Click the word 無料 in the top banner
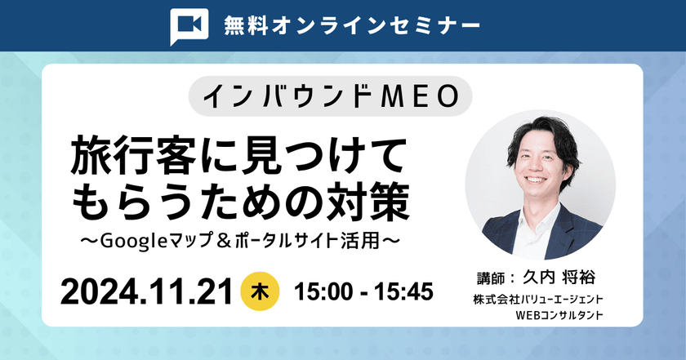(x=246, y=25)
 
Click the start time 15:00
(x=322, y=291)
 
